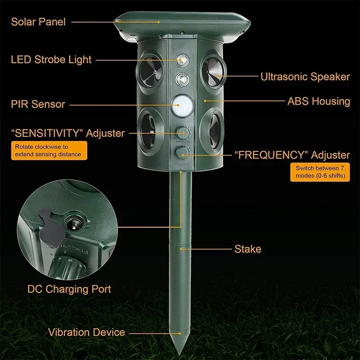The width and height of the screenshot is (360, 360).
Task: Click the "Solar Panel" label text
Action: point(38,22)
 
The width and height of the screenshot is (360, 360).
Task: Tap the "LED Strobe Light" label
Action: point(51,59)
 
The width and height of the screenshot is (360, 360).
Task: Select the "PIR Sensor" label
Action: point(38,104)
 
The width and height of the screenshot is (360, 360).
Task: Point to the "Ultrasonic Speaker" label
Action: point(305,77)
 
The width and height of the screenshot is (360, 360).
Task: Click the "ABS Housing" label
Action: point(319,101)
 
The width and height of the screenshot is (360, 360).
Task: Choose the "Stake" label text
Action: point(247,249)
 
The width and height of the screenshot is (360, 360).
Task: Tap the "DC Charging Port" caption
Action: point(68,288)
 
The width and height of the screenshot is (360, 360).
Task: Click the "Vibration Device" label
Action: point(86,333)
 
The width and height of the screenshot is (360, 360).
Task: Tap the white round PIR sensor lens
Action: point(182,104)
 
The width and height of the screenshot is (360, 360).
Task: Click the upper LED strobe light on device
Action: point(182,59)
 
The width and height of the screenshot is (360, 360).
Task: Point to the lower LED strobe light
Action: point(182,79)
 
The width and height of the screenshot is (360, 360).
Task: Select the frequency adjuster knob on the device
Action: point(182,153)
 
